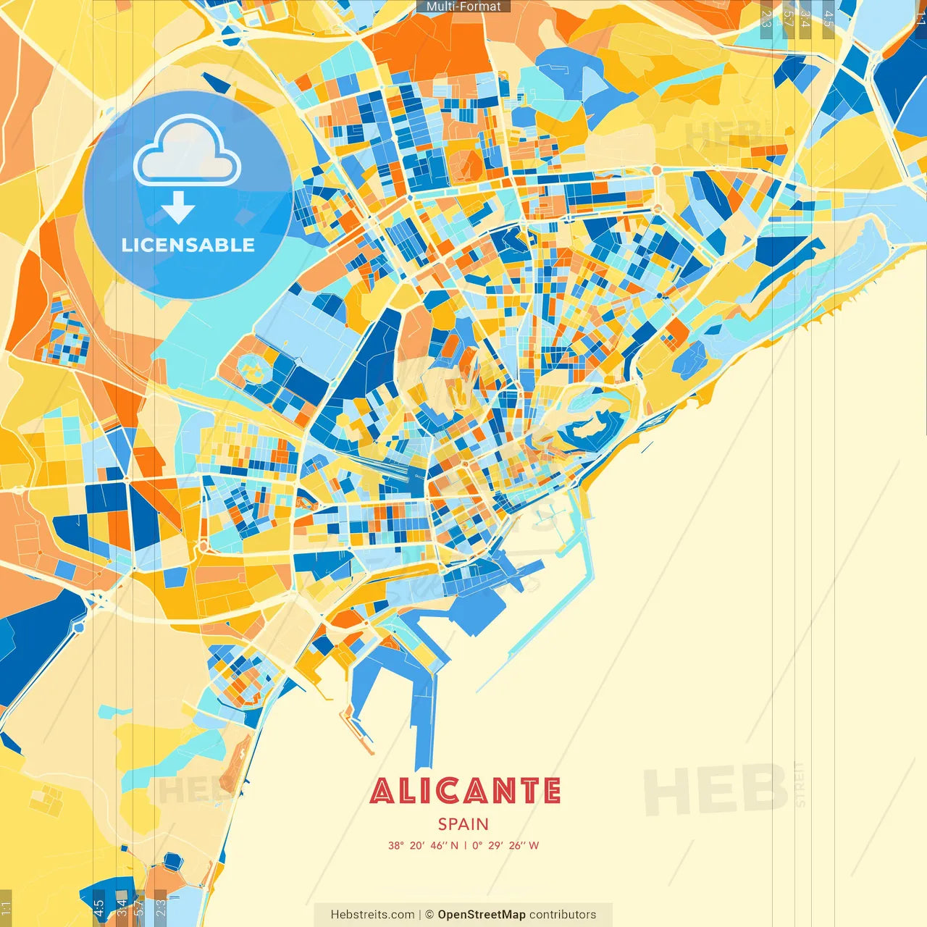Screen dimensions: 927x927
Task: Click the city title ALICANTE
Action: point(464,792)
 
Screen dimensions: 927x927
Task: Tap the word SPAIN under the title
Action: point(463,824)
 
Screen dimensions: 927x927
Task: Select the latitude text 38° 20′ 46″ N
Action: point(423,845)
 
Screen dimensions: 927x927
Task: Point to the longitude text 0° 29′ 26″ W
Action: point(506,845)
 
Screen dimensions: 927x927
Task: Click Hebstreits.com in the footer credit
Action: point(373,915)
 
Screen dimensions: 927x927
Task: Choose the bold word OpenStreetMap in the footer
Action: point(482,915)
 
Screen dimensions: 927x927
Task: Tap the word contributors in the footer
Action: point(563,915)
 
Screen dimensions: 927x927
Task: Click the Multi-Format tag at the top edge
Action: point(463,7)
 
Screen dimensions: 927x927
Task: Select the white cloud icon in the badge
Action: point(188,153)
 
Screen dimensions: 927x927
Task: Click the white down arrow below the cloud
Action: point(178,207)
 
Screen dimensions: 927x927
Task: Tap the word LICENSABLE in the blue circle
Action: point(188,245)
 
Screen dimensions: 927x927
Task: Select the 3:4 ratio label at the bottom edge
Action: point(122,907)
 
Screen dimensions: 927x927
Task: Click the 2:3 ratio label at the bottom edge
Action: point(161,907)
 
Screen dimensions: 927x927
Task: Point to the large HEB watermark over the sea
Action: point(716,790)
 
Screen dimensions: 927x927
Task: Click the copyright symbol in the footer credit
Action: point(429,915)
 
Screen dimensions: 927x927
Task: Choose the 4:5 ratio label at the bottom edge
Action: point(99,907)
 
